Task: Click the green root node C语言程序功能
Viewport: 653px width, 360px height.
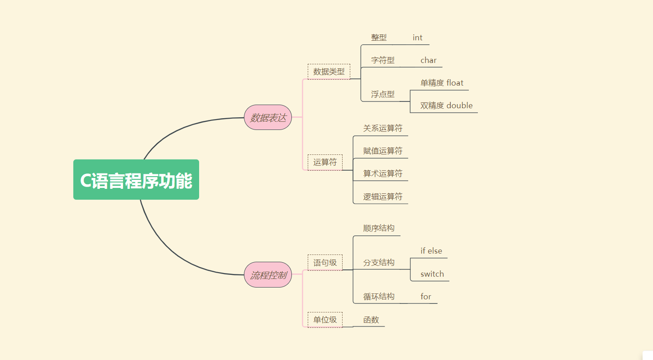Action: click(x=136, y=180)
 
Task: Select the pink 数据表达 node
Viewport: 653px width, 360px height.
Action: click(x=268, y=117)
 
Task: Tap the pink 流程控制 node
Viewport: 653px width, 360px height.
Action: click(x=268, y=274)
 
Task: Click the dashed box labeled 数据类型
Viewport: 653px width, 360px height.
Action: click(x=329, y=72)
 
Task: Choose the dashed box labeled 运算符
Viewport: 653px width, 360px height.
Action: click(x=325, y=162)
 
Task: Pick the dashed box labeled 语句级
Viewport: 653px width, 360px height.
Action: click(x=325, y=263)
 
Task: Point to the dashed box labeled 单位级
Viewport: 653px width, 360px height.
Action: click(x=325, y=320)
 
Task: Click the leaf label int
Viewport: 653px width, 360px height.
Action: click(x=417, y=38)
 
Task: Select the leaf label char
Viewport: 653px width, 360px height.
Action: click(x=428, y=60)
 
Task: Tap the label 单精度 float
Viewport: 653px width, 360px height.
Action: click(x=442, y=83)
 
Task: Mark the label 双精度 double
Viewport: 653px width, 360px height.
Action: click(x=446, y=106)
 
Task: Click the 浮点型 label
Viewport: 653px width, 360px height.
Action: click(x=382, y=94)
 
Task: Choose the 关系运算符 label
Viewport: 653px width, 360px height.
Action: click(x=382, y=128)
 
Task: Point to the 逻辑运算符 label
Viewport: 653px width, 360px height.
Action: click(x=382, y=197)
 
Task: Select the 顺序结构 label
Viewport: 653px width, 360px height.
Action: click(x=379, y=228)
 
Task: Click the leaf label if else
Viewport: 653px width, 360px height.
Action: click(x=431, y=251)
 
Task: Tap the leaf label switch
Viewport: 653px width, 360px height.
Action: click(x=432, y=274)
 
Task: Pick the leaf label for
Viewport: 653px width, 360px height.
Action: click(x=425, y=297)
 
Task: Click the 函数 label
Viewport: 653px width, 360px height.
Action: click(x=371, y=320)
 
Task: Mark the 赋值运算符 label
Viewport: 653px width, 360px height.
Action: click(x=382, y=151)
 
